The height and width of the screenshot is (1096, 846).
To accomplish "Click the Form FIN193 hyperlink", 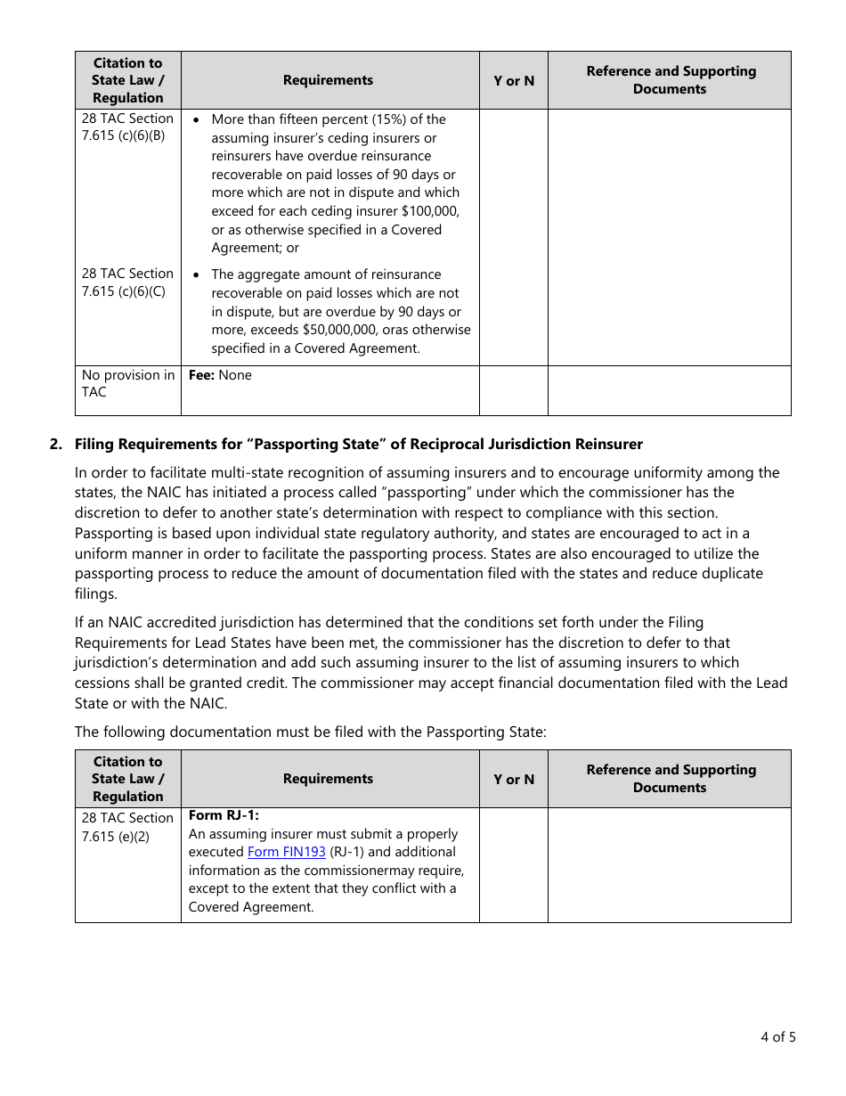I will [x=286, y=852].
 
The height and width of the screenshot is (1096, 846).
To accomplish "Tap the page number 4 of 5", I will [x=777, y=1036].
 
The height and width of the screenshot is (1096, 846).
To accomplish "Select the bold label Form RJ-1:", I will [x=224, y=815].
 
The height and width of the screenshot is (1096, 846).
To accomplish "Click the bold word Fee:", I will [x=201, y=375].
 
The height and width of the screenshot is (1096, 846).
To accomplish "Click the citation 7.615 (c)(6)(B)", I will [x=123, y=136].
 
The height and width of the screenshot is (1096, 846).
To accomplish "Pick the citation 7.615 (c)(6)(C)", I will [x=123, y=291].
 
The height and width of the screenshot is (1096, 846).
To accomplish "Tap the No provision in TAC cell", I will [x=127, y=383].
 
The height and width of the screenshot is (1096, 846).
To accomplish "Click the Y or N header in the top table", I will [x=514, y=80].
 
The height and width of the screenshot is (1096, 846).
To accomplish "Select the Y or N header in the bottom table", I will [x=514, y=779].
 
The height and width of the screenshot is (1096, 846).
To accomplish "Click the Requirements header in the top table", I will [x=328, y=80].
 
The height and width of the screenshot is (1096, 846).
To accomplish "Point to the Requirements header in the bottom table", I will [x=328, y=779].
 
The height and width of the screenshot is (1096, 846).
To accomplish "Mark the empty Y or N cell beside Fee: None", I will [x=514, y=390].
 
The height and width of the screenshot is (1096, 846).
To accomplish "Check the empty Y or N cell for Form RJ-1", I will [x=514, y=864].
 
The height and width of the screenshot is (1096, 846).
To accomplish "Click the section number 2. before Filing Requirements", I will [x=56, y=444].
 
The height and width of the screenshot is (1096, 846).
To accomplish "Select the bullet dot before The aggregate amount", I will [x=196, y=275].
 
